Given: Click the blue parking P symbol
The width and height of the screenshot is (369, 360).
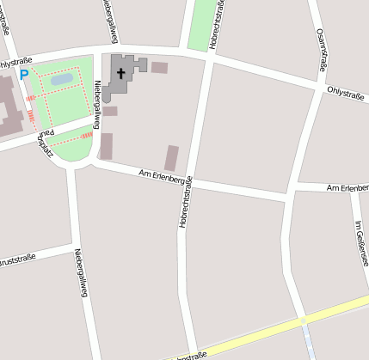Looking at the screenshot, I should coord(24,76).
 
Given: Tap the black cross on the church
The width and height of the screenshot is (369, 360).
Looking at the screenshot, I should coord(121,72).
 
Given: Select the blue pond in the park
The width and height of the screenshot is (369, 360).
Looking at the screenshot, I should coord(62,80).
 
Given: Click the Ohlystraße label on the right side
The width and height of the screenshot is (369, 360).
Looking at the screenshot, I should coord(345,94).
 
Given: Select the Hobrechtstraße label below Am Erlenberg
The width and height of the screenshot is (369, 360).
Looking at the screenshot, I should coord(184,206).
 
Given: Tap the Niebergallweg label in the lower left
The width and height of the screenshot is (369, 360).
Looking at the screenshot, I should coord(81,272).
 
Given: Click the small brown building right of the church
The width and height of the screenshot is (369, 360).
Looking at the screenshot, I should coord(159,67).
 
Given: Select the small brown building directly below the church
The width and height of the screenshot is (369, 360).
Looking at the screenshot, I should coord(110,111).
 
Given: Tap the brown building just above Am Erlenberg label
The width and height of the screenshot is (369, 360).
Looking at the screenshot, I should coord(172,157).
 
